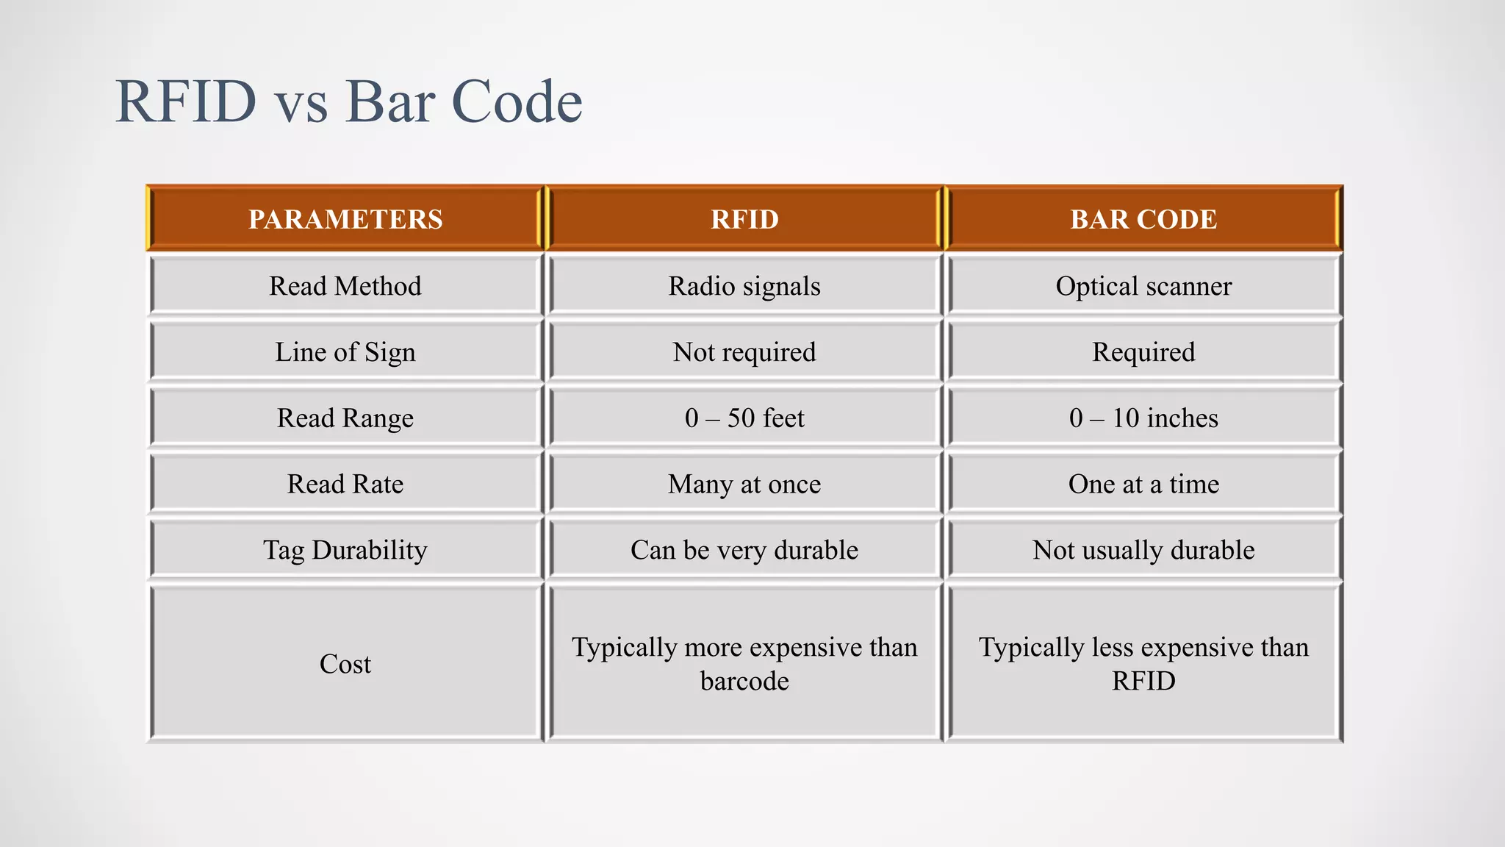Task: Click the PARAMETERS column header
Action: (345, 219)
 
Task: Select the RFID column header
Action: (744, 219)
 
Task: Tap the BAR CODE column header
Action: (1143, 219)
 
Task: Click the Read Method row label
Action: (345, 286)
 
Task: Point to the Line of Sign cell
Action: (345, 352)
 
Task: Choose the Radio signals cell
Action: (744, 286)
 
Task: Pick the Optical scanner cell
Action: (1143, 286)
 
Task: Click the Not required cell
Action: (744, 352)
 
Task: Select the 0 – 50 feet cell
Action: (744, 418)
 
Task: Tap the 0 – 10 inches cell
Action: (1143, 418)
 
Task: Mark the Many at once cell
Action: (744, 485)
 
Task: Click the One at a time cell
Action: (1143, 485)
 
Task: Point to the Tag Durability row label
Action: (345, 550)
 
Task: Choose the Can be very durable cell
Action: (744, 550)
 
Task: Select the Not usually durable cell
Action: (1143, 550)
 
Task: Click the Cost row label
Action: (345, 664)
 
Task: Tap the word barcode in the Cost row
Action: (744, 682)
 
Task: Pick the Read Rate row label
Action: (345, 485)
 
